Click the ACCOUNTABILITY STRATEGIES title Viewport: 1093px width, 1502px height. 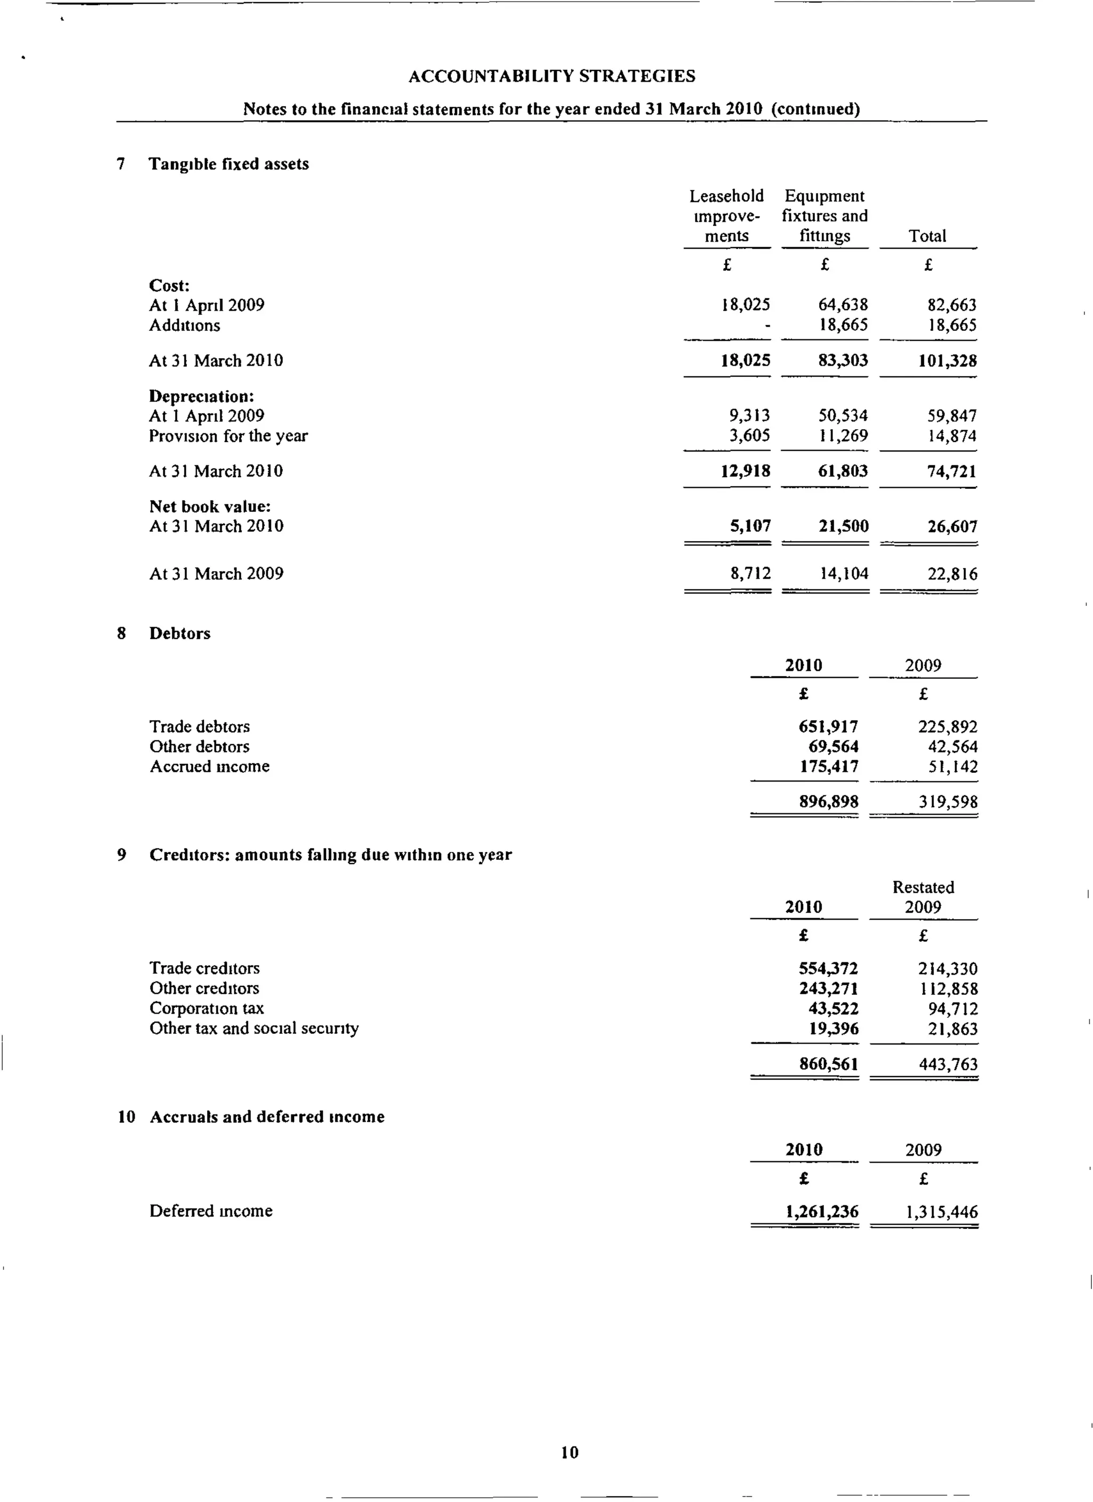[x=551, y=76]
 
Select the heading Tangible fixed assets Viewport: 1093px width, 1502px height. [x=228, y=164]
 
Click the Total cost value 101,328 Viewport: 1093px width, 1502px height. [x=947, y=361]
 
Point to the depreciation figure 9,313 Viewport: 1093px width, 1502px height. [x=749, y=416]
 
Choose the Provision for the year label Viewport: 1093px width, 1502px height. [x=228, y=436]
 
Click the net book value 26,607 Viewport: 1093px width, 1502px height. [x=953, y=526]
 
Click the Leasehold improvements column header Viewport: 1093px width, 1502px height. [x=726, y=216]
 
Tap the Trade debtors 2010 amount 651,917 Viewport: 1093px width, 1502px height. [x=828, y=727]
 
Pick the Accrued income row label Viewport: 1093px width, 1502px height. [x=209, y=767]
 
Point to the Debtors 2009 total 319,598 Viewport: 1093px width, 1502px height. [x=947, y=803]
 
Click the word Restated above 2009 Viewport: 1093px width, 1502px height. [x=923, y=888]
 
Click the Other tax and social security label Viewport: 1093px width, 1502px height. [x=254, y=1029]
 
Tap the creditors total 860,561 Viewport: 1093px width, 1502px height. [x=828, y=1064]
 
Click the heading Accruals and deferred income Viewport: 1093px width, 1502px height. [x=267, y=1117]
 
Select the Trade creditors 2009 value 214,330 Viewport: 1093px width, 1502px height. [x=947, y=969]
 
